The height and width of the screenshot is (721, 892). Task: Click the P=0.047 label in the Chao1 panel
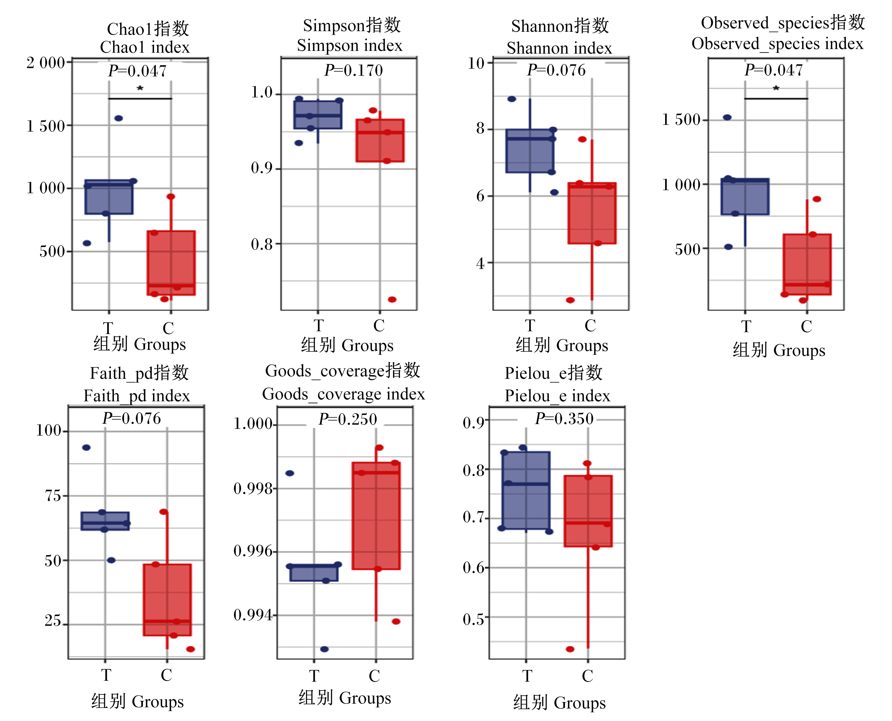click(x=137, y=71)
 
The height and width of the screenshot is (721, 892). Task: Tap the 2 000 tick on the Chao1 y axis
click(x=46, y=63)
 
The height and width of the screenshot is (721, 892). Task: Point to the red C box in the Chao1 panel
click(x=171, y=263)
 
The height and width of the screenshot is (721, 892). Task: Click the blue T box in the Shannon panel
click(x=530, y=151)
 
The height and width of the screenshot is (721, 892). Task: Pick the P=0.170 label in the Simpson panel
click(x=354, y=70)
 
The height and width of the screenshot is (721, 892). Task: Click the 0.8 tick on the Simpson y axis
click(x=262, y=244)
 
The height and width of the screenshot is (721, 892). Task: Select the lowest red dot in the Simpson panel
click(x=392, y=299)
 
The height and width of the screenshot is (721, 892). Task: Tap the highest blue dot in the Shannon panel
click(x=512, y=99)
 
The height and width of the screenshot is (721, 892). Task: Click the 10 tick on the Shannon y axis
click(x=476, y=63)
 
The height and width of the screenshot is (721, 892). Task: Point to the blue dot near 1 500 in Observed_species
click(x=727, y=118)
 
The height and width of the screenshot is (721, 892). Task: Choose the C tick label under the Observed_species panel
click(x=806, y=326)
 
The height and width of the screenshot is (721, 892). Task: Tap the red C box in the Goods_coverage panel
click(x=376, y=516)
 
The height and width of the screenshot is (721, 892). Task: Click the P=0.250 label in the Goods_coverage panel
click(x=348, y=419)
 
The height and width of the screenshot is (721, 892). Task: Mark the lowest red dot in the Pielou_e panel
click(x=570, y=649)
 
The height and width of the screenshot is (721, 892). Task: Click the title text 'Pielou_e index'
click(x=558, y=396)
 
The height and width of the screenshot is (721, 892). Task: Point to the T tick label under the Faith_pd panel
click(x=106, y=675)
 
